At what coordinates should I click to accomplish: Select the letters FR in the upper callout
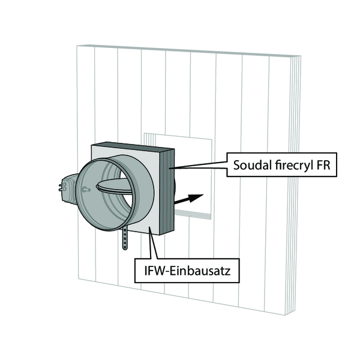(x=323, y=165)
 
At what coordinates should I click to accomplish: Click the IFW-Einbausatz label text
(x=187, y=271)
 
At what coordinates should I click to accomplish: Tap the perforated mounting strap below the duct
(x=125, y=238)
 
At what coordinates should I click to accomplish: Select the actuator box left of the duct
(x=69, y=189)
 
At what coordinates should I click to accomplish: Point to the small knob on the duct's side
(x=86, y=190)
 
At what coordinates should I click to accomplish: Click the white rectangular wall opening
(x=193, y=161)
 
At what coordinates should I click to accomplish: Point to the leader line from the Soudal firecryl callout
(x=199, y=166)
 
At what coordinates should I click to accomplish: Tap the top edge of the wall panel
(x=189, y=50)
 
